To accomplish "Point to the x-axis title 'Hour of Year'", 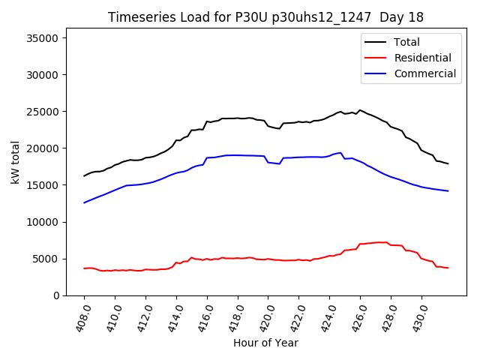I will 265,343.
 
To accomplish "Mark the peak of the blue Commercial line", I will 340,153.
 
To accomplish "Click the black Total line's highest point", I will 360,110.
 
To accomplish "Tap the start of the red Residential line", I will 84,268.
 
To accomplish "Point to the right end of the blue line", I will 448,191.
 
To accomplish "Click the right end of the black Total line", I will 448,163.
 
